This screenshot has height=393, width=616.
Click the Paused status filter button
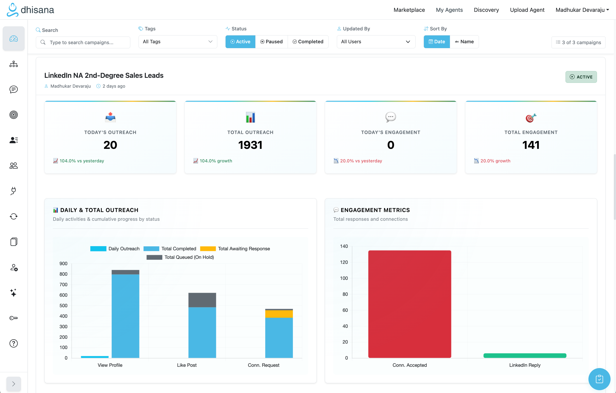pos(271,42)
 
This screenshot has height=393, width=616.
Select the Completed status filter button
pos(308,42)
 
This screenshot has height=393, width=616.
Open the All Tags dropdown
pos(177,42)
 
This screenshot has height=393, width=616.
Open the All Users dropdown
pos(376,42)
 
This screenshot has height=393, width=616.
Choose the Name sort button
pos(464,42)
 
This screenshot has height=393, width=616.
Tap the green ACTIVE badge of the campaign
pos(581,77)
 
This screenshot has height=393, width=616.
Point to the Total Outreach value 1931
pos(250,145)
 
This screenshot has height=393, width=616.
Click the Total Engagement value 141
pos(531,145)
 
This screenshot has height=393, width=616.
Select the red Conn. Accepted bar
pos(410,304)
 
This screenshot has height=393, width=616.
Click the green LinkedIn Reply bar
pos(525,355)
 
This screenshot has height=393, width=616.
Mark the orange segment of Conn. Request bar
pos(279,314)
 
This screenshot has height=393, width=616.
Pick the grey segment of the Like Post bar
pos(202,300)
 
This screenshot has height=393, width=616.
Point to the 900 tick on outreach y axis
pos(63,264)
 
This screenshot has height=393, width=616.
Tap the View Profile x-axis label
pos(110,365)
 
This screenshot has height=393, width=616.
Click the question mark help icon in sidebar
pos(14,343)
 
